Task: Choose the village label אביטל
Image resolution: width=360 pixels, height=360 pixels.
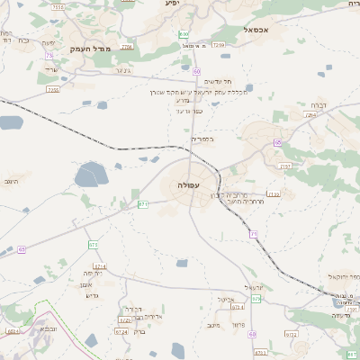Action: [226, 300]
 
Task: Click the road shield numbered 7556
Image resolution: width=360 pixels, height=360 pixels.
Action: [58, 7]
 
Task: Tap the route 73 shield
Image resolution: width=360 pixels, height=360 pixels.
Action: [48, 56]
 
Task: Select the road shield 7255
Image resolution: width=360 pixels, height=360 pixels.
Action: [53, 90]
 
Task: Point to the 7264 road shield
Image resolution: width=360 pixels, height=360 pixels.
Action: [311, 115]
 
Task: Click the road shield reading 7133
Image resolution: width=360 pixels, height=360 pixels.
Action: [274, 193]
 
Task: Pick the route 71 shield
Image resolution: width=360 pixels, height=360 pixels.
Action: [255, 233]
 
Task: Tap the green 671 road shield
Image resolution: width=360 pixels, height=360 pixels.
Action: [143, 204]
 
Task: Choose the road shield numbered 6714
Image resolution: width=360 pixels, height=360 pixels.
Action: [100, 267]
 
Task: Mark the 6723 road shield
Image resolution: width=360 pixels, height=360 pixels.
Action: [124, 319]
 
